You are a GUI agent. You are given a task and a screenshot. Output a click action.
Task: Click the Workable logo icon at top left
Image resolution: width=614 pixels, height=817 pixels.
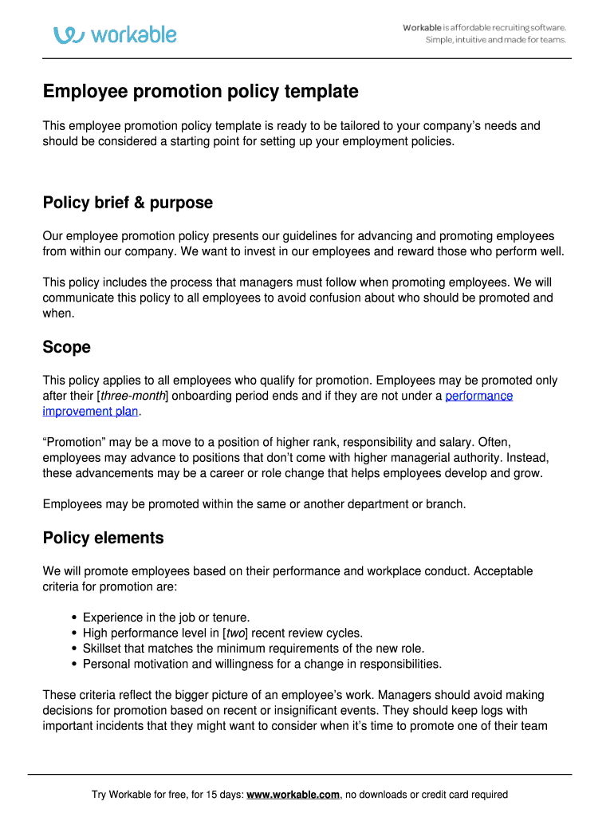pos(69,34)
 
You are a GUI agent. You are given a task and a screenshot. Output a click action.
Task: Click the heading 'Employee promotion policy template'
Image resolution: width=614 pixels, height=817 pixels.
pos(200,92)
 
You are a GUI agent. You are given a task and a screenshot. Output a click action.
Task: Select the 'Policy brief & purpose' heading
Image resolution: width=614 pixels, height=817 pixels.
pos(128,203)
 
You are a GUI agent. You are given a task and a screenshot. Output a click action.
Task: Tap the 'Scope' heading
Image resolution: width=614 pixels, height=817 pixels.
pos(66,347)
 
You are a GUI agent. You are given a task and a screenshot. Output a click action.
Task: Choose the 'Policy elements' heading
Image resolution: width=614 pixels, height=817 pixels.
pos(103,538)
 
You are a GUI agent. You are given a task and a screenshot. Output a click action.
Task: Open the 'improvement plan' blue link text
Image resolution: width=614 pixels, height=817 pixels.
pos(90,412)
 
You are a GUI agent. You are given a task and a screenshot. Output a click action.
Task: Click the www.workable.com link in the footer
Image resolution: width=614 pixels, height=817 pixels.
pos(293,795)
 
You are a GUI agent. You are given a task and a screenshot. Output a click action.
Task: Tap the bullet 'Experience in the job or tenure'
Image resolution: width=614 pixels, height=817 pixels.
pos(166,618)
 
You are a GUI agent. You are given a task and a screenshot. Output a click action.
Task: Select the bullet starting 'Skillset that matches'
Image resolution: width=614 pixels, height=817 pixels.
pos(253,649)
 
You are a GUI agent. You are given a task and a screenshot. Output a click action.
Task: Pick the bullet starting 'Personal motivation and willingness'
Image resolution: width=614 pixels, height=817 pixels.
pos(262,664)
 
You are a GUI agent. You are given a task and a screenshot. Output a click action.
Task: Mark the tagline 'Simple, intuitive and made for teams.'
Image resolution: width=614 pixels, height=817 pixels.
pos(495,40)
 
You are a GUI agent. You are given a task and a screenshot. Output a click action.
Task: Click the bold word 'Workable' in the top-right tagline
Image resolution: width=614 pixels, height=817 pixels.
pos(422,28)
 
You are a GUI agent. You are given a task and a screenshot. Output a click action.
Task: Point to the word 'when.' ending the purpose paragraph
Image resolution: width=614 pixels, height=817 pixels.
pos(58,314)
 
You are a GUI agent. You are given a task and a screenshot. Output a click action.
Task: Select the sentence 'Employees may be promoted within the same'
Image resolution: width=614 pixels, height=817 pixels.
pos(254,504)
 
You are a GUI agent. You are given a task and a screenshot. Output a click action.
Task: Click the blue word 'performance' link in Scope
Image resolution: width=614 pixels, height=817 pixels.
pos(478,396)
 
